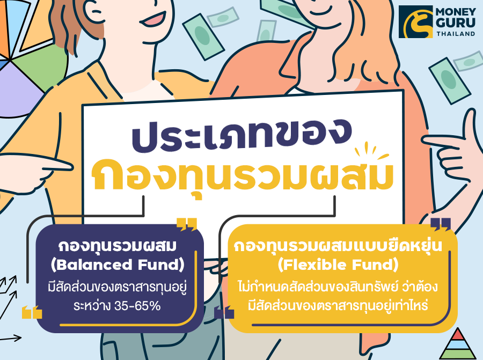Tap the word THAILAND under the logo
(456, 34)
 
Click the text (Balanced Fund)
(118, 265)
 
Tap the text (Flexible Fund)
(338, 265)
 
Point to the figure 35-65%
(137, 305)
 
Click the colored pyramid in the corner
(457, 344)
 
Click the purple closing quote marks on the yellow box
(441, 224)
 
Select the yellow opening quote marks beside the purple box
(32, 312)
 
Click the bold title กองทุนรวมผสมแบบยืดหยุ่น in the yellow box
(338, 246)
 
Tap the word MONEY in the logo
(456, 12)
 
